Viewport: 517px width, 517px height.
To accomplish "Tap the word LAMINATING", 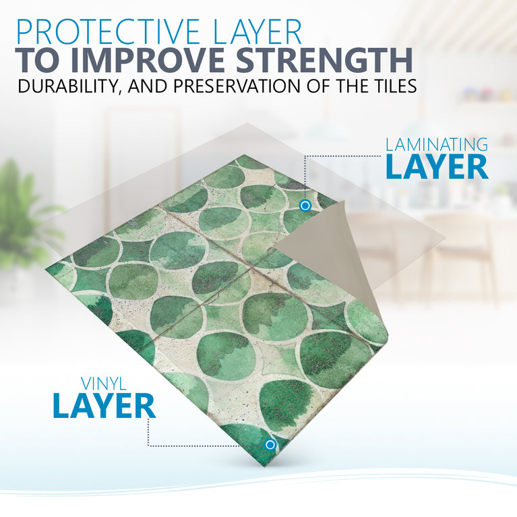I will coord(436,144).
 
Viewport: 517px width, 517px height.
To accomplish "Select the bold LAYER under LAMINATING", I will coord(436,167).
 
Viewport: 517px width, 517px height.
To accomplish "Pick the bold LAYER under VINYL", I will coord(104,406).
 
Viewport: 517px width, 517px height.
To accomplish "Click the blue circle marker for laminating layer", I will coord(305,205).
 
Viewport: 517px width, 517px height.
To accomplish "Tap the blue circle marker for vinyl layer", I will coord(270,445).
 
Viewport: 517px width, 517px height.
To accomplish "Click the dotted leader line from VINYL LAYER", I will coord(202,445).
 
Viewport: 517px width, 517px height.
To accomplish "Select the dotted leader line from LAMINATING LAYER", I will coord(337,156).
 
